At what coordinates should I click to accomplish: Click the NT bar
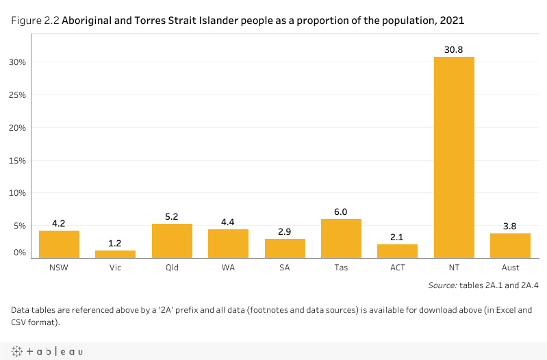[454, 157]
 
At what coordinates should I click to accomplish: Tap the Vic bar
[115, 254]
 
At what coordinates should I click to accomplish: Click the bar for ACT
[397, 251]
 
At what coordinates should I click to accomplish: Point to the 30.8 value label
[454, 50]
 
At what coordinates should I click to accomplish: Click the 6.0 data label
[341, 212]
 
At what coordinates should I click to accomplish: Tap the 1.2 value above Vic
[115, 244]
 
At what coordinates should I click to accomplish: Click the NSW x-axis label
[59, 268]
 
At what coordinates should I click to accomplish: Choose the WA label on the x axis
[228, 268]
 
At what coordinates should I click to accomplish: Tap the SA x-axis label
[285, 268]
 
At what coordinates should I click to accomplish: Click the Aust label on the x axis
[510, 268]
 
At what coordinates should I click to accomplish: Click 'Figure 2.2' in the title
[35, 21]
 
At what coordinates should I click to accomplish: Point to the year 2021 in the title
[451, 21]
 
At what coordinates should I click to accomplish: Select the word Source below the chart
[442, 285]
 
